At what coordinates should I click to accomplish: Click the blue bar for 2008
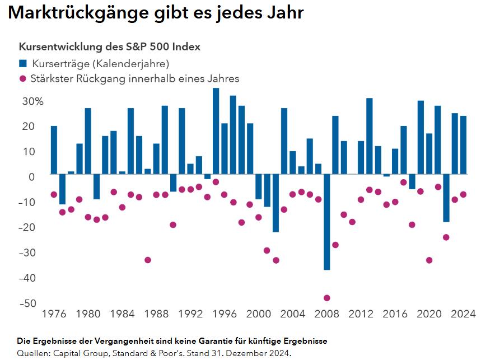(x=326, y=223)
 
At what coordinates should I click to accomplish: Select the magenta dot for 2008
(x=326, y=298)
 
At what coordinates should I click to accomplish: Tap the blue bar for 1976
(x=54, y=150)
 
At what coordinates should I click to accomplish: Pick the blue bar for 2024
(x=463, y=146)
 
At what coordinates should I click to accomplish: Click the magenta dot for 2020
(x=429, y=260)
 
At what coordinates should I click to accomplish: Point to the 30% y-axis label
(x=32, y=101)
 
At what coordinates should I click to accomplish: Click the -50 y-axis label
(x=28, y=303)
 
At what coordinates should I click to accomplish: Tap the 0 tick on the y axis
(x=32, y=176)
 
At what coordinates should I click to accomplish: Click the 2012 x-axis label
(x=361, y=314)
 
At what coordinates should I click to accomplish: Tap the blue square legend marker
(x=22, y=63)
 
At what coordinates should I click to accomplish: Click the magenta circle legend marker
(x=22, y=78)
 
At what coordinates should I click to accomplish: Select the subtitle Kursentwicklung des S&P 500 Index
(x=110, y=47)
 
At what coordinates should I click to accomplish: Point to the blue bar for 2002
(x=275, y=204)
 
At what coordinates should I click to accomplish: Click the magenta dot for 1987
(x=148, y=260)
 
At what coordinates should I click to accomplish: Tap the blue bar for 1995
(x=216, y=132)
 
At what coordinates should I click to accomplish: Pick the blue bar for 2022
(x=446, y=199)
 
